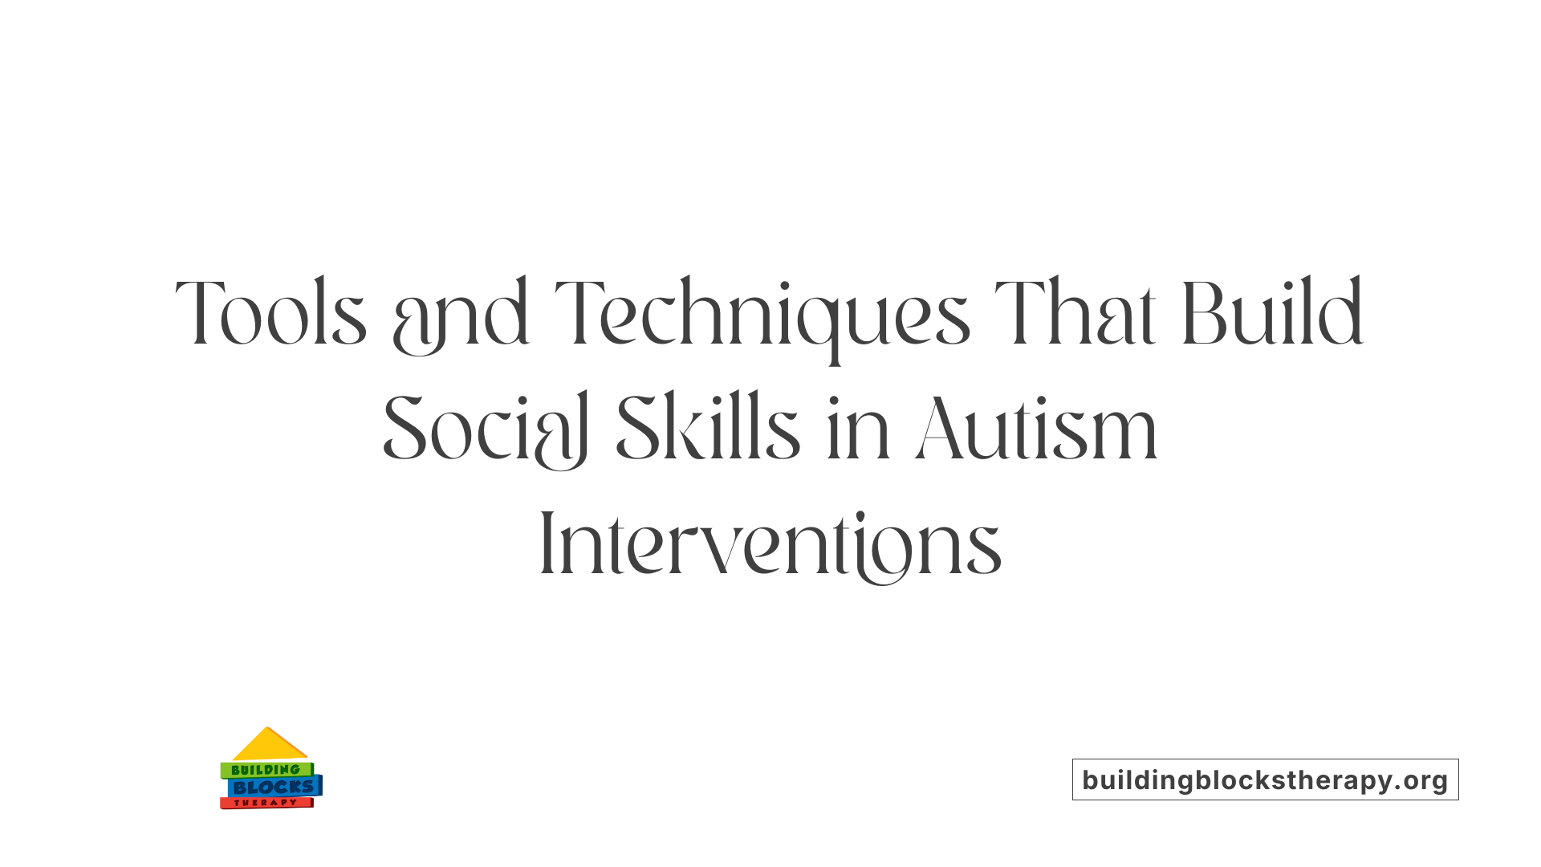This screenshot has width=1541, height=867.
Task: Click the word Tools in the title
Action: coord(271,313)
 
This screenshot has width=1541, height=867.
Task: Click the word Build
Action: coord(1272,313)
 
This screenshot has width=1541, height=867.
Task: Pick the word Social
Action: coord(486,429)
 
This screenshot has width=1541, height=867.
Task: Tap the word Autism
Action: coord(1036,429)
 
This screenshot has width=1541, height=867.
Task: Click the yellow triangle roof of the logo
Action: coord(269,745)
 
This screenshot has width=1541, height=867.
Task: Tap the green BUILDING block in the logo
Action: coord(266,770)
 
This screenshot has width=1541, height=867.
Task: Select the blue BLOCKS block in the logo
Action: coord(274,788)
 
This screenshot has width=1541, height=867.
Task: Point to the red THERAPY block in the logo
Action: coord(266,803)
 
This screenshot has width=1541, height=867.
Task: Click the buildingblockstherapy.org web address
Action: coord(1265,779)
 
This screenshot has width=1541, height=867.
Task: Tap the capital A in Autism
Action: coord(942,429)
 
